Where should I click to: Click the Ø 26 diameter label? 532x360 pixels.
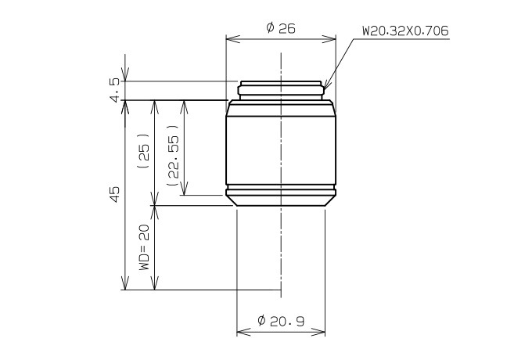point(281,28)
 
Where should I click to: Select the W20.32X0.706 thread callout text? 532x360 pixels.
point(405,31)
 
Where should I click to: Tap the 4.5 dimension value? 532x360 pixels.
point(115,90)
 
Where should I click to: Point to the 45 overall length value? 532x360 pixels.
point(115,194)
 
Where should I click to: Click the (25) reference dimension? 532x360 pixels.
point(143,151)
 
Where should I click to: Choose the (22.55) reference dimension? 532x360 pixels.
point(173,156)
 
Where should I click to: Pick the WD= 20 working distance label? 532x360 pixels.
point(144,247)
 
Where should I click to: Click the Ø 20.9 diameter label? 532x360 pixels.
point(281,321)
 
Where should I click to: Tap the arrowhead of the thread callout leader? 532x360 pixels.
point(326,85)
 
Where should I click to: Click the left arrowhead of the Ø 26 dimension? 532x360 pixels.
point(233,38)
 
